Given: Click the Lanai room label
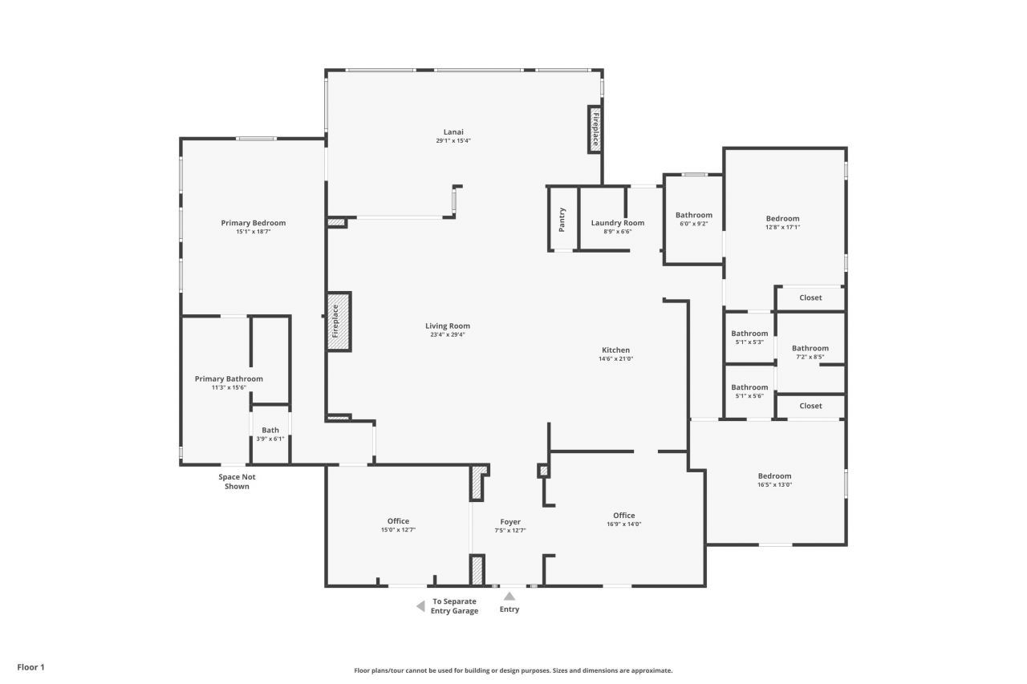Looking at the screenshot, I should coord(453,132).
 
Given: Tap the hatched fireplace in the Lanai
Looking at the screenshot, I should coord(595,129).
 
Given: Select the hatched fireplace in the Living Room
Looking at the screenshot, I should coord(338,321).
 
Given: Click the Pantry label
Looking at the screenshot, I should coord(562,219).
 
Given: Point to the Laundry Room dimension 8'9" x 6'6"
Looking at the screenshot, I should coord(617,232).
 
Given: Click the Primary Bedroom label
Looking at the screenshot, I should coord(253,223).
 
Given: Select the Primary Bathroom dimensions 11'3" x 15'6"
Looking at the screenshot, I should coord(229,387).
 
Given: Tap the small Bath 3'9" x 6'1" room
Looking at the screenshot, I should coord(270,434).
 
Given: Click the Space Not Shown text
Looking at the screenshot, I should coord(237,481).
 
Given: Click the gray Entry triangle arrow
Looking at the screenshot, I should coord(509,596).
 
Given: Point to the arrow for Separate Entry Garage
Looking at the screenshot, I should coord(420,606).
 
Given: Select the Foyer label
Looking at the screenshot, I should coord(510,522).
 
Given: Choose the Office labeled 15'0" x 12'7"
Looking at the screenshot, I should coord(398,525).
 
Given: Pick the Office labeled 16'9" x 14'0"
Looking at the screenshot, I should coord(623,520).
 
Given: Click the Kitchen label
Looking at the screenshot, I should coord(615,350).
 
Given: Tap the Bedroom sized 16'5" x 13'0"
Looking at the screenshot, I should coord(774,480).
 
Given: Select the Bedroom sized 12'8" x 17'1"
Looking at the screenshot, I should coord(782,222).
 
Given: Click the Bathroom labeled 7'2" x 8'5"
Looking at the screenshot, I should coord(810,352).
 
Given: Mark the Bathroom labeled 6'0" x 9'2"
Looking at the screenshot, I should coord(693,219).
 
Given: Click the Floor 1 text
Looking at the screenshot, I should coord(31,666).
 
